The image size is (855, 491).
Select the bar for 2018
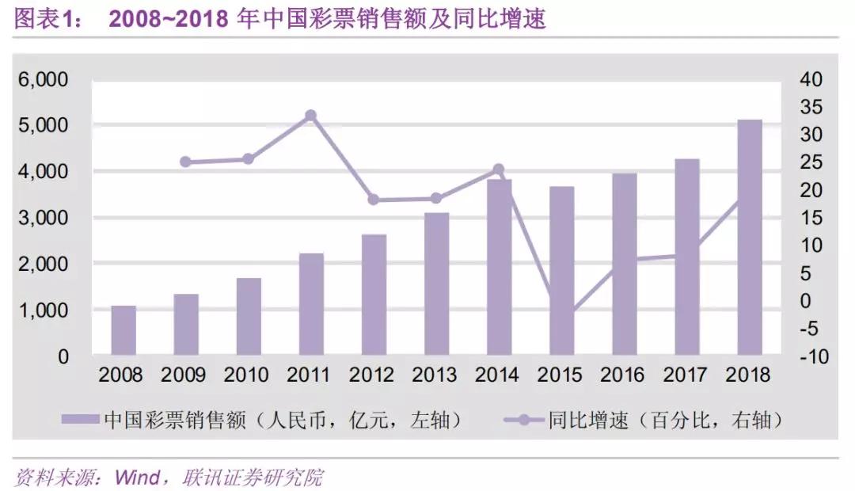[750, 238]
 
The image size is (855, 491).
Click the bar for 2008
[123, 330]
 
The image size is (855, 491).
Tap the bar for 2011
[311, 304]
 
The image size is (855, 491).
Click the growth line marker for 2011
[311, 116]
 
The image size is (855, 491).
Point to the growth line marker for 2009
[186, 162]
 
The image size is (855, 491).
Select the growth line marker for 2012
[374, 200]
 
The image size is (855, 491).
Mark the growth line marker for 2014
[499, 169]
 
